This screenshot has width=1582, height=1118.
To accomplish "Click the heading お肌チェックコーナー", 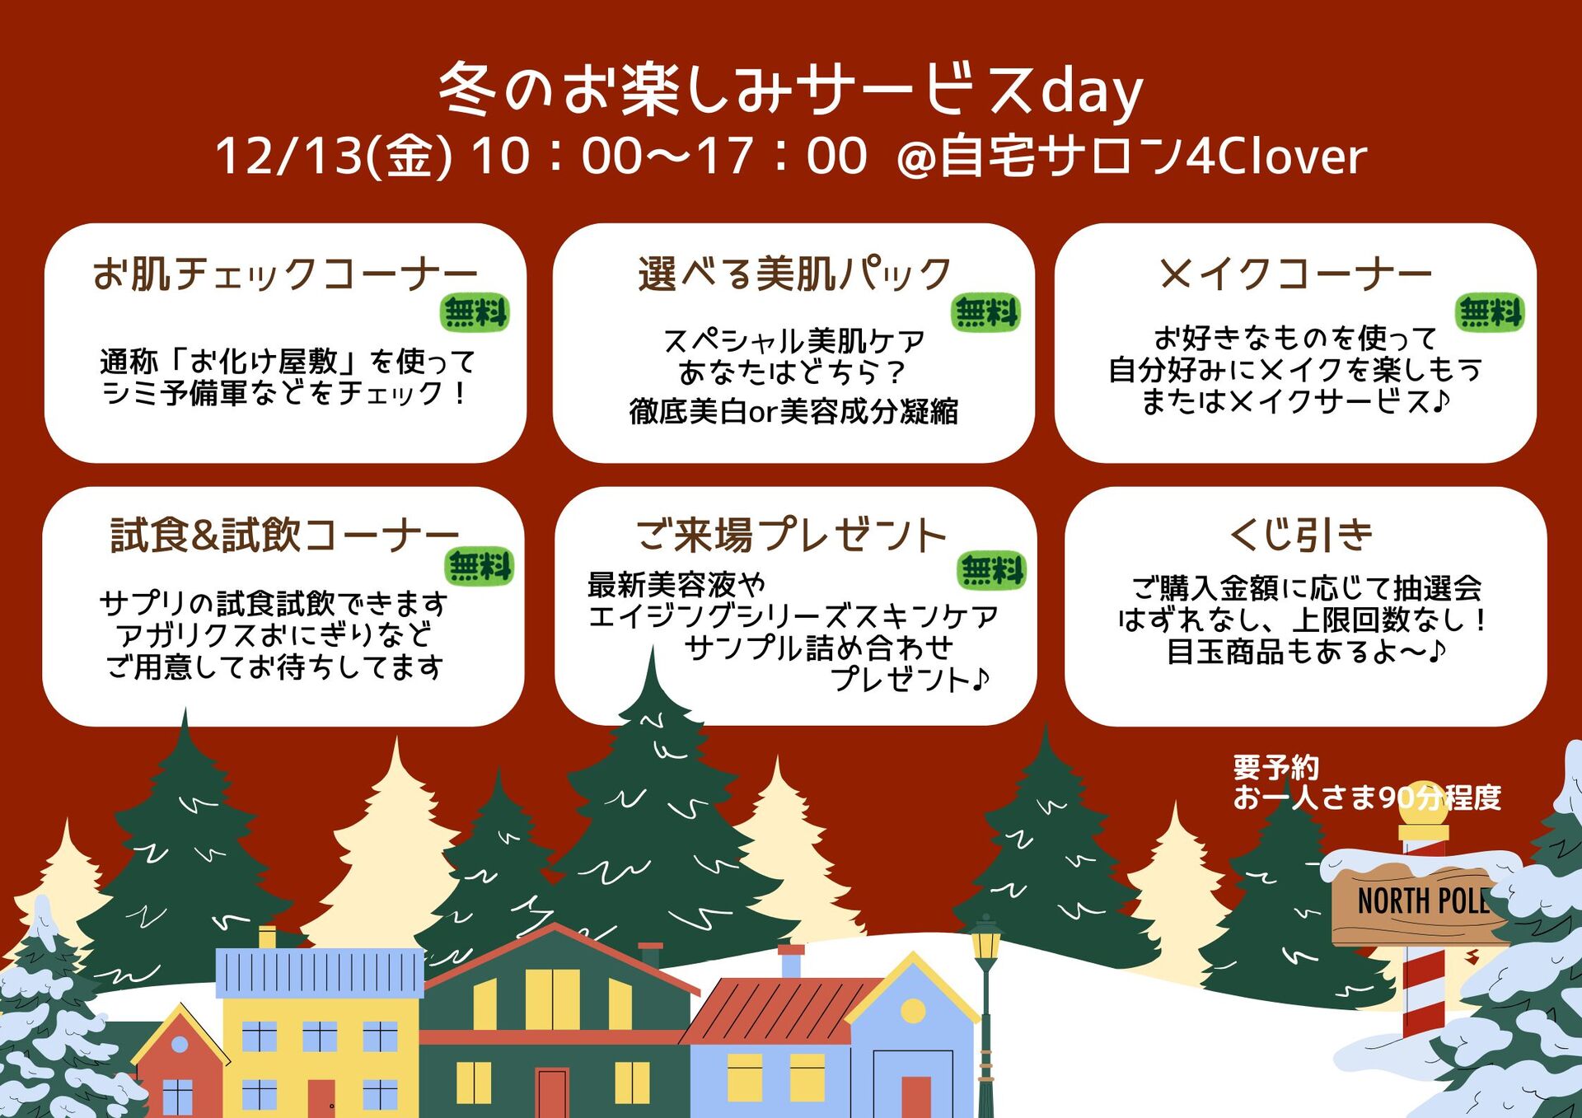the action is pos(285,274).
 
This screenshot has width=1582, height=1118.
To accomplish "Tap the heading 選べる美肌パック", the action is pos(794,274).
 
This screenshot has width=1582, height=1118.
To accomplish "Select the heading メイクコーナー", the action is pos(1295,274).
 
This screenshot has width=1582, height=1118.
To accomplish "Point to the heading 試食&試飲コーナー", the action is pos(285,535).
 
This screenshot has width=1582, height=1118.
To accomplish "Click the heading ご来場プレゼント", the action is pos(791,535).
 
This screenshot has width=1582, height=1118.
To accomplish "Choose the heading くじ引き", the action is pos(1301,535).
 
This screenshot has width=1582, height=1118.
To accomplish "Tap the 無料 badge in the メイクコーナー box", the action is pos(1490,313).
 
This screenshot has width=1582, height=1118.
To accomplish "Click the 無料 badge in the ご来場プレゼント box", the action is pos(992,570).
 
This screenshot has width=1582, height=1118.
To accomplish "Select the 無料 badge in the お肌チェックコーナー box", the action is pos(475,313).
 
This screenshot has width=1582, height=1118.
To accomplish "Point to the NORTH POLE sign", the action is pos(1423,900).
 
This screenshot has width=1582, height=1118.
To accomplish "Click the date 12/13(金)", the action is pos(334,156).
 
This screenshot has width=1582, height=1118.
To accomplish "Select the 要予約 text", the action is pos(1275,768).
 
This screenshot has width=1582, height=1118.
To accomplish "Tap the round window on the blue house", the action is pos(913,1010).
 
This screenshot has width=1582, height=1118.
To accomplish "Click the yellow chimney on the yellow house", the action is pos(267,938).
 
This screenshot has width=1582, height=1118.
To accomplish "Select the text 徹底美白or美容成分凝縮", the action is pos(793,411).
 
